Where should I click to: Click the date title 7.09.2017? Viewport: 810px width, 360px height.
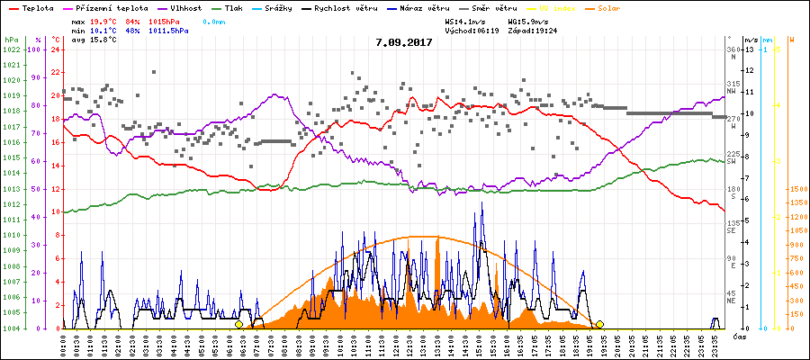click(404, 41)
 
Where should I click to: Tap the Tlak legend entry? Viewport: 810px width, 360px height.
click(246, 7)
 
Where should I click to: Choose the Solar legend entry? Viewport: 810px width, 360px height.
click(634, 7)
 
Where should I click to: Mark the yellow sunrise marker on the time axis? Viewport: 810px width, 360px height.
click(238, 324)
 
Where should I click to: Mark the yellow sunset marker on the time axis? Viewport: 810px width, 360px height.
click(599, 324)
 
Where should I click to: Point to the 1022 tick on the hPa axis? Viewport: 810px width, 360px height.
click(11, 49)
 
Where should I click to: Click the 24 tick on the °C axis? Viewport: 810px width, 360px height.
click(55, 49)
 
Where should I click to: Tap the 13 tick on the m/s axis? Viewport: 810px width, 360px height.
click(749, 49)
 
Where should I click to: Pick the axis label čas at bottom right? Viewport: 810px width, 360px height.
click(739, 336)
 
